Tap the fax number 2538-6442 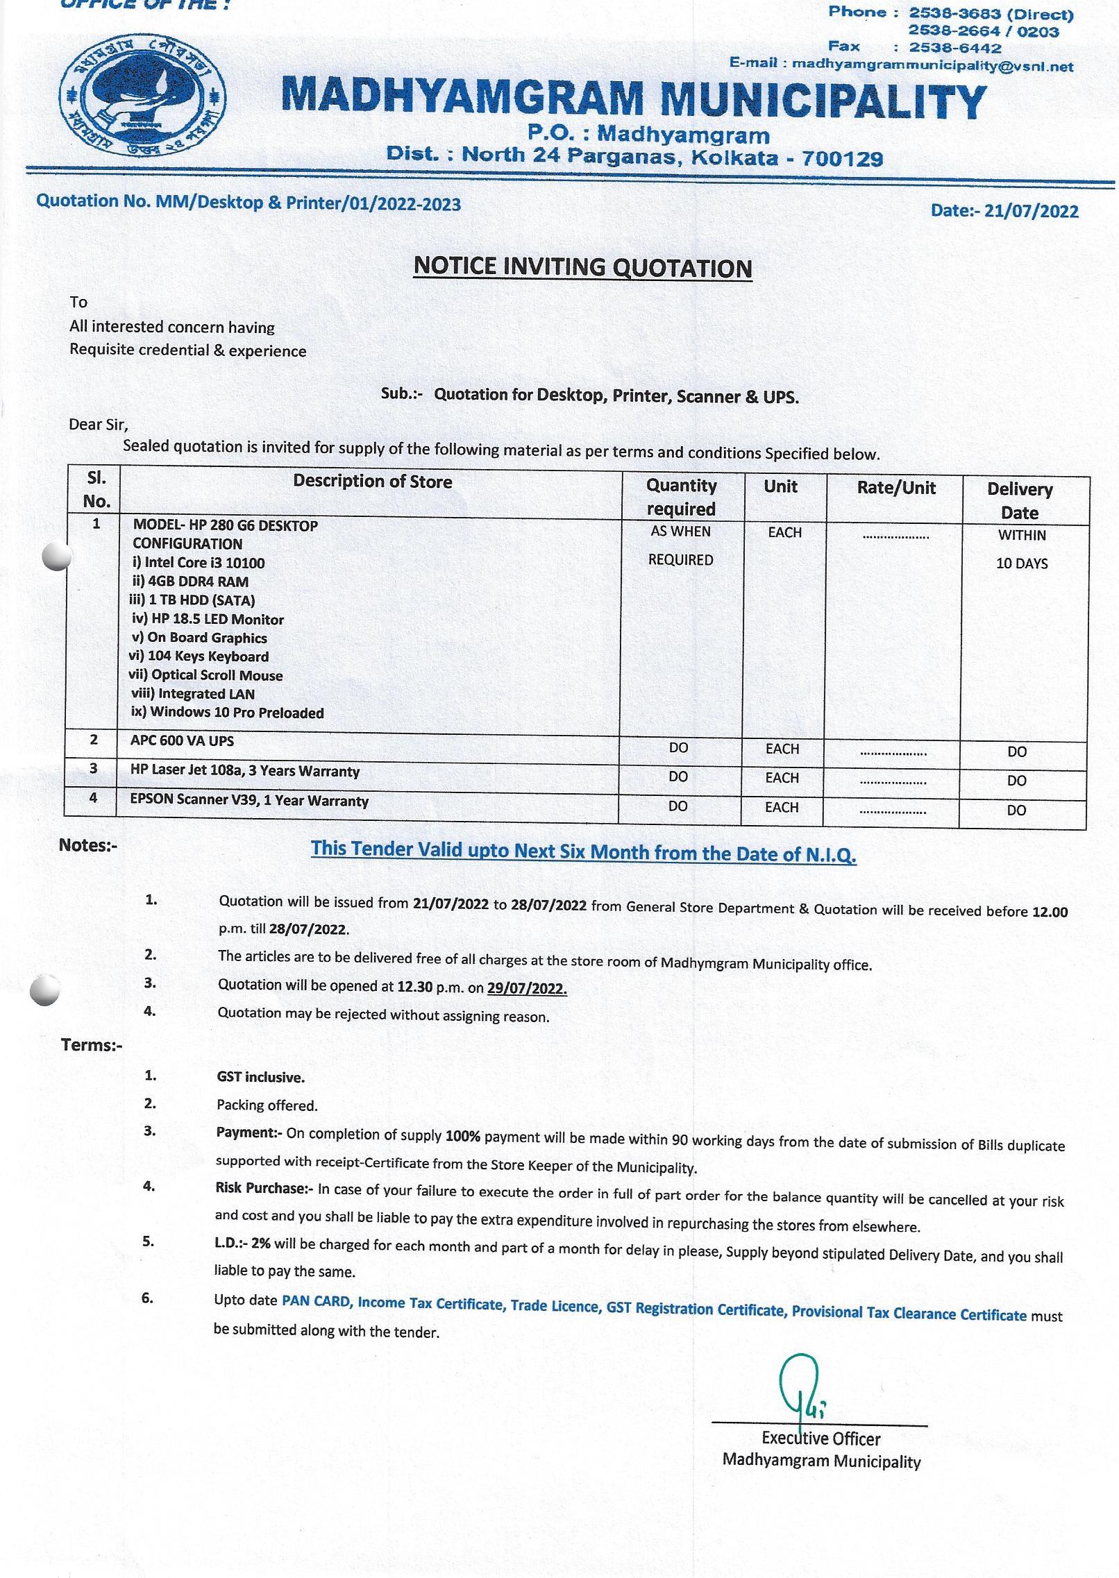click(955, 48)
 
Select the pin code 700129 click(842, 159)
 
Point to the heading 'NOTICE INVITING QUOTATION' click(582, 267)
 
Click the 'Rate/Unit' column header click(896, 488)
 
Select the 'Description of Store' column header click(372, 481)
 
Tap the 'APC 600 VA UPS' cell click(182, 740)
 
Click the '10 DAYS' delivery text click(1022, 563)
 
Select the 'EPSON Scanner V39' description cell click(249, 800)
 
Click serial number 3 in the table click(93, 768)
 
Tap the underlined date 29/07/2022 click(527, 988)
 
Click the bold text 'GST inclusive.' click(260, 1077)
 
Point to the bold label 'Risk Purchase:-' click(264, 1188)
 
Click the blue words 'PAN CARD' click(316, 1301)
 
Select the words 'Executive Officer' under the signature click(821, 1439)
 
